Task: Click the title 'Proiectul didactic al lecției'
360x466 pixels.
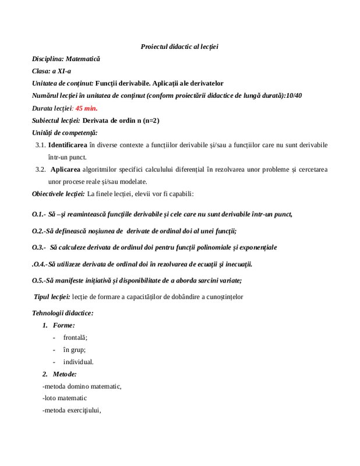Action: tap(183, 46)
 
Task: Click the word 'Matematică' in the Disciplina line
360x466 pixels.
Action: tap(83, 59)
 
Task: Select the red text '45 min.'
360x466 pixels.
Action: tap(86, 108)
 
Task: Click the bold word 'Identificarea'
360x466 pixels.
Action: tap(67, 145)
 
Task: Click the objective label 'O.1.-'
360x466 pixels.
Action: tap(40, 214)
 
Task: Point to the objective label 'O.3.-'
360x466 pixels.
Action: tap(40, 247)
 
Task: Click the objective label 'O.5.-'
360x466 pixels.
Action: tap(40, 280)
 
